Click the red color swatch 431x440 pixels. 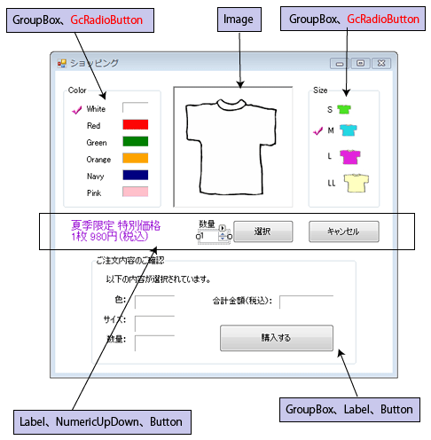pyautogui.click(x=136, y=124)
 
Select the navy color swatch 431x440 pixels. pyautogui.click(x=136, y=175)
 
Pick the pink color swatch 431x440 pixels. pyautogui.click(x=136, y=192)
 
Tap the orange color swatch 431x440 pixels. pyautogui.click(x=136, y=158)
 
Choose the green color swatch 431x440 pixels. pyautogui.click(x=136, y=141)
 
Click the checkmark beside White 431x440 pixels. pyautogui.click(x=77, y=110)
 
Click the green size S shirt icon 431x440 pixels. pyautogui.click(x=344, y=109)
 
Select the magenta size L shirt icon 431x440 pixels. pyautogui.click(x=350, y=157)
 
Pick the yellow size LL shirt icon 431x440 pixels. pyautogui.click(x=357, y=183)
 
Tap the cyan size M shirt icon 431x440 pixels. pyautogui.click(x=349, y=130)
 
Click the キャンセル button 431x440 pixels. pyautogui.click(x=344, y=232)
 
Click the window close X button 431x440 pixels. pyautogui.click(x=381, y=63)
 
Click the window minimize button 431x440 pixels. pyautogui.click(x=340, y=63)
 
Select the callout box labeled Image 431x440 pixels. pyautogui.click(x=239, y=20)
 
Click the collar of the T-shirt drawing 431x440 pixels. pyautogui.click(x=231, y=104)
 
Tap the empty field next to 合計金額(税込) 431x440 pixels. pyautogui.click(x=306, y=302)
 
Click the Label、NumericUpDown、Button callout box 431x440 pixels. pyautogui.click(x=102, y=422)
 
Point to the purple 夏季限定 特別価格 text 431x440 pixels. pyautogui.click(x=116, y=226)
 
